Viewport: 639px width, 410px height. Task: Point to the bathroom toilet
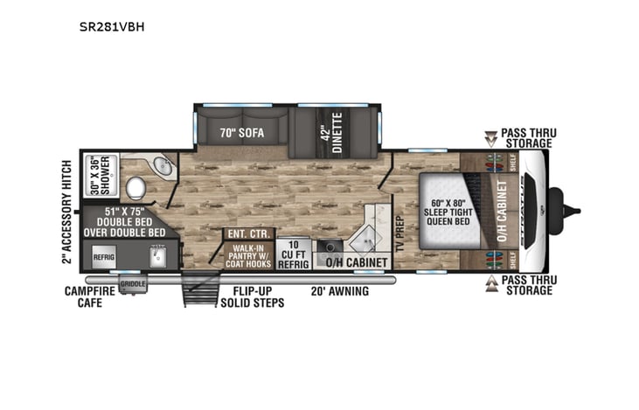coord(135,188)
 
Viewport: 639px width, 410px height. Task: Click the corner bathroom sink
coord(158,167)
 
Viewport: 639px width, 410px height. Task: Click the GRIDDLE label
coord(134,283)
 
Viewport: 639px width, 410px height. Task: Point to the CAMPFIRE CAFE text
coord(89,296)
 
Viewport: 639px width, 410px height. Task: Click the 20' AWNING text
coord(340,291)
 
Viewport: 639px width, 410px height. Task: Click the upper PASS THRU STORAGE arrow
coord(492,137)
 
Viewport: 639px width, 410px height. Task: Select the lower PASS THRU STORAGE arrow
coord(492,284)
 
